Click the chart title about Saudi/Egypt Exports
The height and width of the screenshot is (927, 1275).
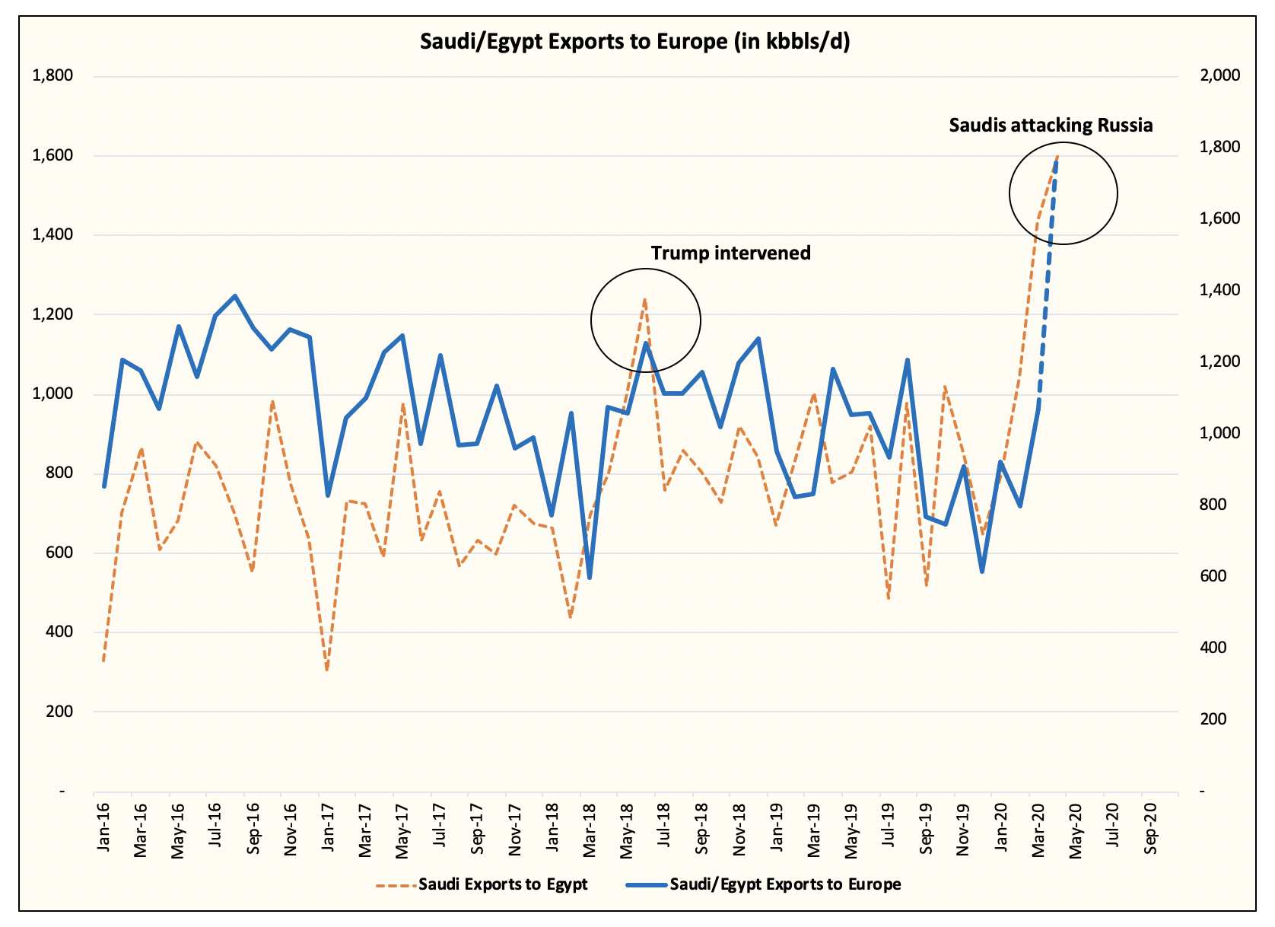635,41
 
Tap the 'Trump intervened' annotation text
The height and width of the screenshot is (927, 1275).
730,253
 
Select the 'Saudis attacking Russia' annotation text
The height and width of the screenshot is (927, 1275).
1051,126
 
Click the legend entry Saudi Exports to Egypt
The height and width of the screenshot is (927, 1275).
503,884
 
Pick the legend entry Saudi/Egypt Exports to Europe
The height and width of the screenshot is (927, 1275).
785,884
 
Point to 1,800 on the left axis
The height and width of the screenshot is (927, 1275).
52,76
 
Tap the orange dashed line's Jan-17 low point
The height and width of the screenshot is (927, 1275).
327,670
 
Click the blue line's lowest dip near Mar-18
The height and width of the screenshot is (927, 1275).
590,578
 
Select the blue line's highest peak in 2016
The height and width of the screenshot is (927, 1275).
235,296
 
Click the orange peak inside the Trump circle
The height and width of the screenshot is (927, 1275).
644,299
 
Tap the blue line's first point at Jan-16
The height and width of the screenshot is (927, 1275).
104,486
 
